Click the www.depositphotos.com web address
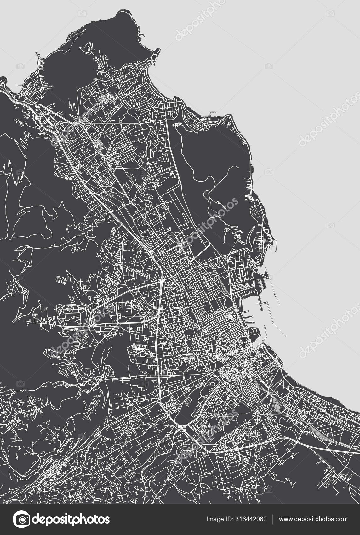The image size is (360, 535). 313,519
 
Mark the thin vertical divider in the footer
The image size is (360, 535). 272,519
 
